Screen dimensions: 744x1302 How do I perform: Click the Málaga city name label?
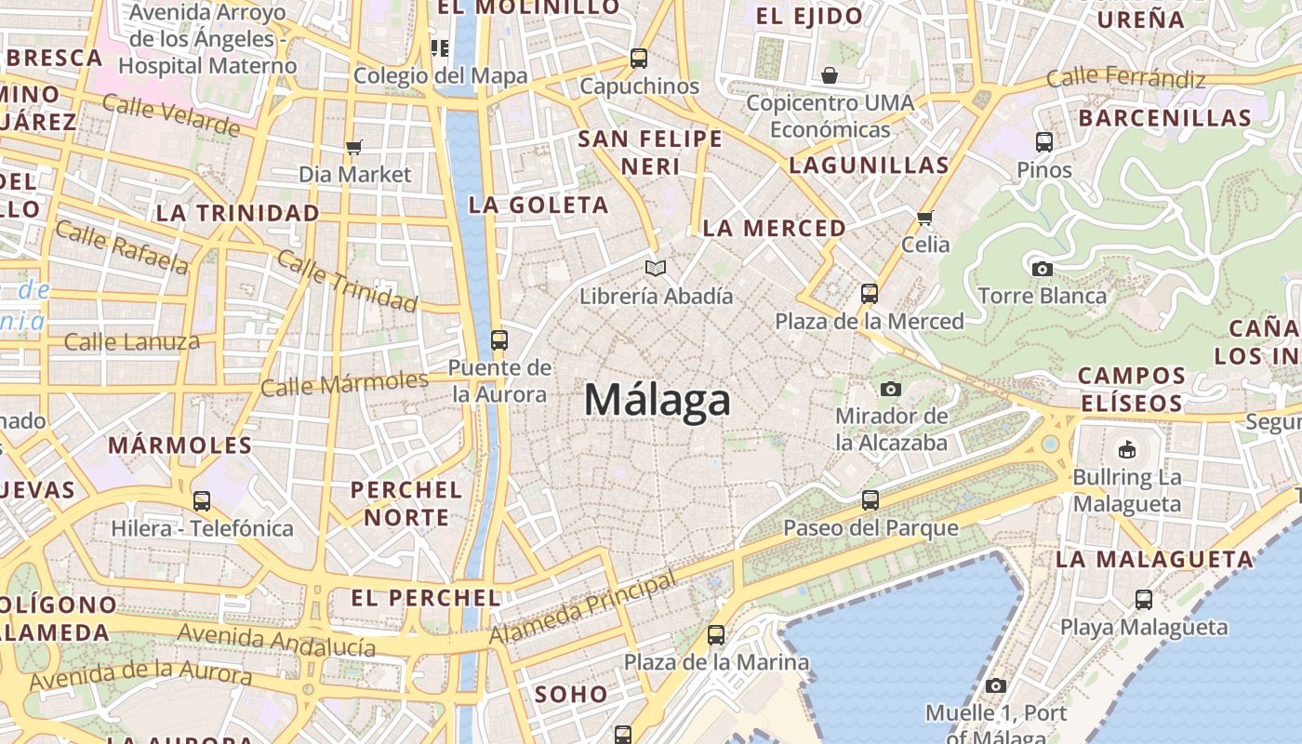[x=658, y=401]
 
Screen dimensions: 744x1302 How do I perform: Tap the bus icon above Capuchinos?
[x=639, y=58]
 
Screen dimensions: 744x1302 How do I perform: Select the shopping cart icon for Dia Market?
[x=353, y=147]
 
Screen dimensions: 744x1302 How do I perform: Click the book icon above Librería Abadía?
[x=656, y=269]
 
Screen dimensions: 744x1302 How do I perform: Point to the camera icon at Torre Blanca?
[x=1042, y=269]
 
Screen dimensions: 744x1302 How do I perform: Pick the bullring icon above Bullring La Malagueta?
[x=1127, y=450]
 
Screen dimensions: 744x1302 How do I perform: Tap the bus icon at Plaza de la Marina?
[x=715, y=635]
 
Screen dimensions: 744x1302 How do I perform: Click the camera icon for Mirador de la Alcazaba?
[x=891, y=389]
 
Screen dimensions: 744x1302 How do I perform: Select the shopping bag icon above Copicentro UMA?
[x=830, y=74]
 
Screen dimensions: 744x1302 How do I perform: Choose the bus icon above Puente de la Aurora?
[x=499, y=339]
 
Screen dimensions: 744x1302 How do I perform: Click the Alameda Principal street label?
[x=583, y=609]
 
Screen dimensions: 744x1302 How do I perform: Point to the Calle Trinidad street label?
[x=347, y=281]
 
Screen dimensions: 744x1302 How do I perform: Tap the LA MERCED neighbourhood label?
[x=774, y=228]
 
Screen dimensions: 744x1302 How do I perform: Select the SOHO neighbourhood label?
[x=571, y=694]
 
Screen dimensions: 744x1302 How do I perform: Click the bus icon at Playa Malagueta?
[x=1143, y=600]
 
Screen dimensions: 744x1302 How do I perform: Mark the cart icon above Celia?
[x=924, y=218]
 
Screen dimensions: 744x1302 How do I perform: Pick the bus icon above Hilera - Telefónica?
[x=202, y=501]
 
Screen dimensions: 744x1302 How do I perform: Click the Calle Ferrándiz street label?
[x=1125, y=78]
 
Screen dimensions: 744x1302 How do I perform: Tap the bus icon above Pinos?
[x=1044, y=142]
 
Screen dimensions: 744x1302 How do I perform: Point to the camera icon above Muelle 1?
[x=996, y=686]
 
